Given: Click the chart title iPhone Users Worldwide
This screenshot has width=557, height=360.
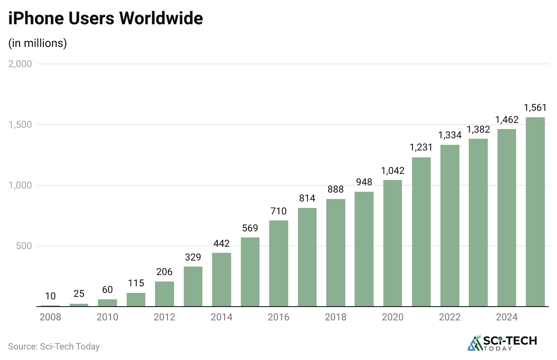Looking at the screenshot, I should (x=106, y=19).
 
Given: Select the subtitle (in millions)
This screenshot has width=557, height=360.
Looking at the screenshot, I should (x=38, y=43).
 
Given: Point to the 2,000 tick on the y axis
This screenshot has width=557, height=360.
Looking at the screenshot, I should (x=20, y=64).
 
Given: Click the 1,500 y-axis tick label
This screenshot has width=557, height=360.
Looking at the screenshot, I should (x=20, y=125).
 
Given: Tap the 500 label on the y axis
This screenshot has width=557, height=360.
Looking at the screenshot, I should (x=24, y=246).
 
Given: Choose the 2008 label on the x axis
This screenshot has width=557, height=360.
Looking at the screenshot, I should (x=50, y=317).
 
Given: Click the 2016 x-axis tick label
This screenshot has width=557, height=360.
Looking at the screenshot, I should (x=278, y=317).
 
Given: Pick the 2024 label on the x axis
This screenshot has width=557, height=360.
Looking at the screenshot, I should (x=507, y=317).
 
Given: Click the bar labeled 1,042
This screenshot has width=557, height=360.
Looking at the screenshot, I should (x=393, y=243).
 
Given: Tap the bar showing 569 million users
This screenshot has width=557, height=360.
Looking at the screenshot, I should (x=250, y=272).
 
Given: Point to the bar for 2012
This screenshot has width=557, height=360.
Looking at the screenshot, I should (x=164, y=294).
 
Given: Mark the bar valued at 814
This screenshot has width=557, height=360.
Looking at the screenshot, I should (x=307, y=257).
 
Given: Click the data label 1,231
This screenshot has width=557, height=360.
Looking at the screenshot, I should (x=421, y=148).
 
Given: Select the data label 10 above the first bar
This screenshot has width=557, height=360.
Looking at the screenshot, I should (x=50, y=296).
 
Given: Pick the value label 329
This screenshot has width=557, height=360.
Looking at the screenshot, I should (x=193, y=257).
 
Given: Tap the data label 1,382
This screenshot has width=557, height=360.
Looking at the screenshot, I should (x=478, y=129).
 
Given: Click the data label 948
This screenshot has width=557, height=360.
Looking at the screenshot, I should (x=364, y=182).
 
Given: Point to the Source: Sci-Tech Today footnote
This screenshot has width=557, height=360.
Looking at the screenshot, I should (x=54, y=347).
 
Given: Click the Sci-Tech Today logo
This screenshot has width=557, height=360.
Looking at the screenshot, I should (x=502, y=343).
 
